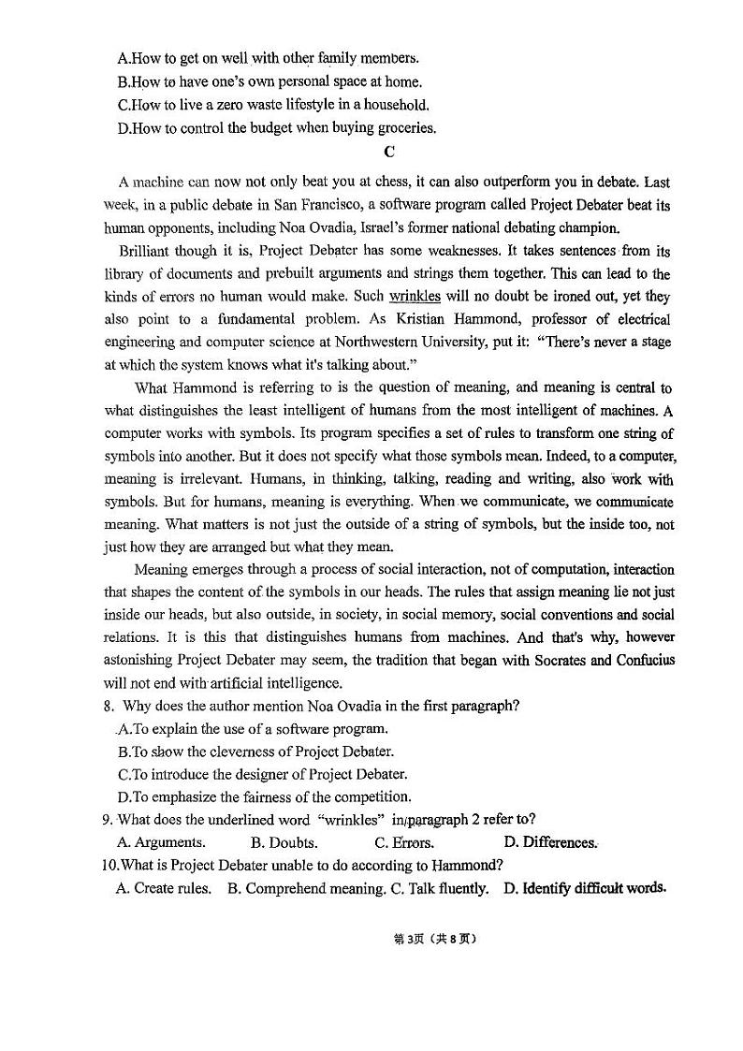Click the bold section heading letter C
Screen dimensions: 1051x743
389,152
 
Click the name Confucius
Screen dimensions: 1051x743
643,660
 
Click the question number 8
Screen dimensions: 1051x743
109,707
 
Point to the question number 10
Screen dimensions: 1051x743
111,865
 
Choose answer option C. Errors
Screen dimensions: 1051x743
403,842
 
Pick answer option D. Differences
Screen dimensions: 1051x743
549,842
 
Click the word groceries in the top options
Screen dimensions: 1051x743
404,127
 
